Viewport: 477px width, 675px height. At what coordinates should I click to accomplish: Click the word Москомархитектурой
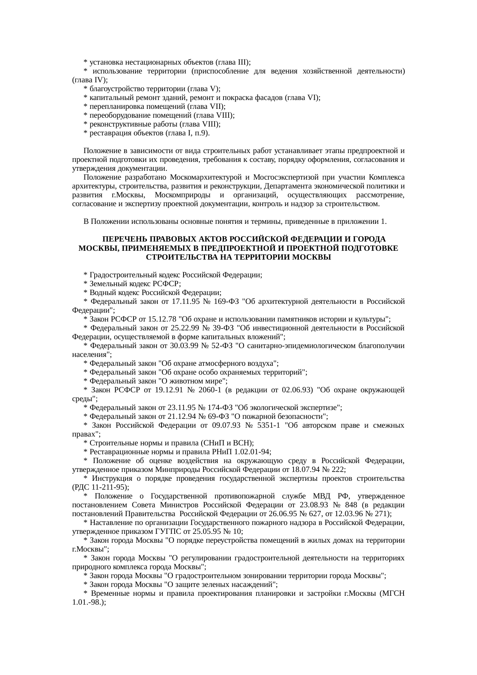[x=207, y=178]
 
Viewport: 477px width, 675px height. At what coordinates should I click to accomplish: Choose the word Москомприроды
[x=178, y=195]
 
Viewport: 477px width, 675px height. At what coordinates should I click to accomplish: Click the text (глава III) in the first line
[x=233, y=62]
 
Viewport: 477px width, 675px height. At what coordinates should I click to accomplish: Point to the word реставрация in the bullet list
[x=107, y=133]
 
